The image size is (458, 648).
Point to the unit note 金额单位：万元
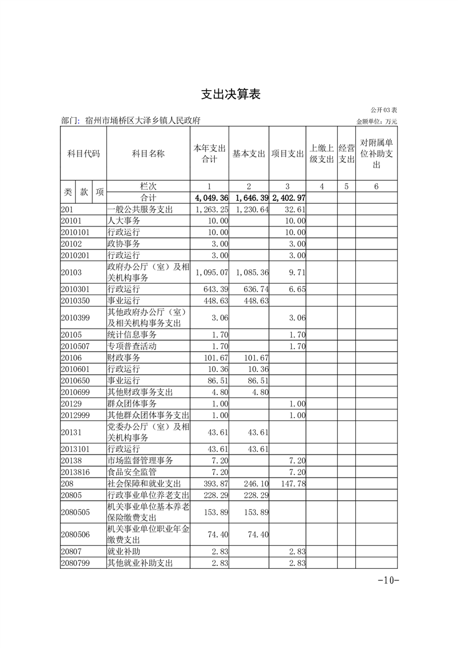pyautogui.click(x=377, y=122)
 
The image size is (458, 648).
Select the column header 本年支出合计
pyautogui.click(x=209, y=154)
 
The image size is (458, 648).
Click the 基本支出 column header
pyautogui.click(x=248, y=154)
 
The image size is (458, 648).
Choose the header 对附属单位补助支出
pyautogui.click(x=376, y=154)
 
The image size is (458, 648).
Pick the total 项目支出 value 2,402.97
pyautogui.click(x=288, y=198)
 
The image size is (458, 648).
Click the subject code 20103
pyautogui.click(x=72, y=272)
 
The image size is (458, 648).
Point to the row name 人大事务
pyautogui.click(x=124, y=221)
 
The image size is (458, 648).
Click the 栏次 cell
pyautogui.click(x=148, y=187)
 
